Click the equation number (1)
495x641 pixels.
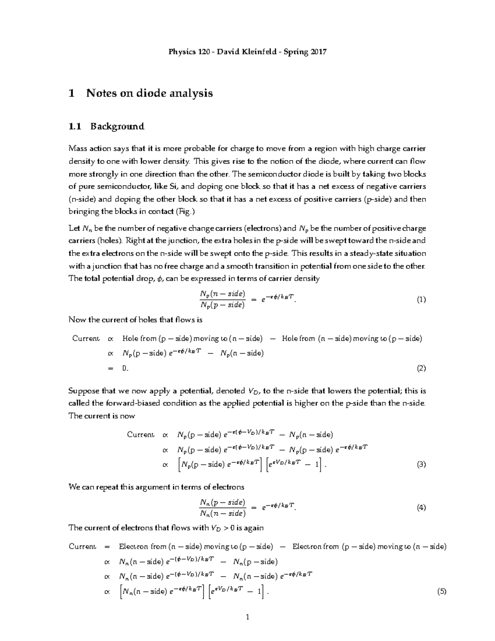421,300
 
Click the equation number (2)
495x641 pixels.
421,369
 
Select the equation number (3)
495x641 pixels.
421,465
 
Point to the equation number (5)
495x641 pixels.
442,592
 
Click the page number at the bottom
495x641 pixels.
247,617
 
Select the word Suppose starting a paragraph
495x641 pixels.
84,391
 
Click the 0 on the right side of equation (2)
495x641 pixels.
125,369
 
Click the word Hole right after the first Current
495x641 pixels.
130,339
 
